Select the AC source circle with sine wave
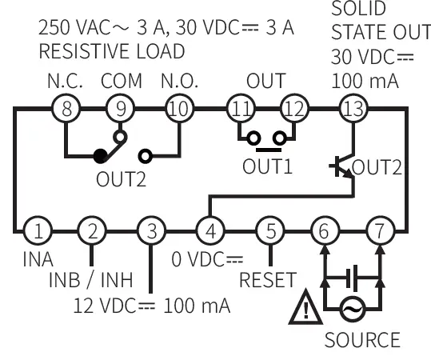[x=352, y=308]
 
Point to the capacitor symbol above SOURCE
[x=352, y=279]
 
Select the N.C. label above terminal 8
[x=63, y=82]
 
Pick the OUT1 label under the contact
[x=268, y=166]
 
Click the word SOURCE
[x=361, y=339]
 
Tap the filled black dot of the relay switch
[x=99, y=154]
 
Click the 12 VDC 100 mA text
[x=152, y=306]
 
